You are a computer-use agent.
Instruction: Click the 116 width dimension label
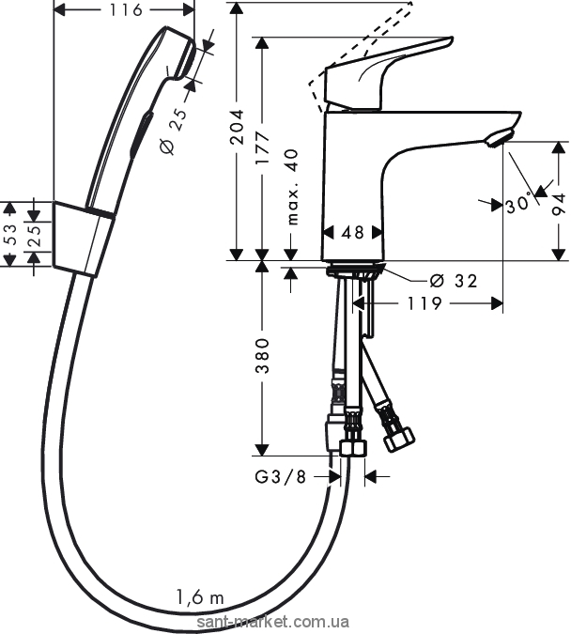coord(126,9)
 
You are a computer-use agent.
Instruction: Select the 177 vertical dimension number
coord(263,147)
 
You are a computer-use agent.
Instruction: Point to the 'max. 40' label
coord(292,187)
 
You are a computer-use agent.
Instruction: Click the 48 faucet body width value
coord(352,233)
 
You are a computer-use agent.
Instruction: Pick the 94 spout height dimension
coord(559,204)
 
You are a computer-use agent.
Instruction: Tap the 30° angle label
coord(518,204)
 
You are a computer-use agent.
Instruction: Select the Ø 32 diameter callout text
coord(453,280)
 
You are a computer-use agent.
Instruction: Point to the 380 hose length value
coord(263,356)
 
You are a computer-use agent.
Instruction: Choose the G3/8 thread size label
coord(281,477)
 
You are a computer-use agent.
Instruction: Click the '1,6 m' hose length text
coord(200,597)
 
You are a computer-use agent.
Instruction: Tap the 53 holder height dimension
coord(10,234)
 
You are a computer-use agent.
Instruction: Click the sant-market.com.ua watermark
coord(272,622)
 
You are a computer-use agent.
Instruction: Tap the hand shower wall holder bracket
coord(84,239)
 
